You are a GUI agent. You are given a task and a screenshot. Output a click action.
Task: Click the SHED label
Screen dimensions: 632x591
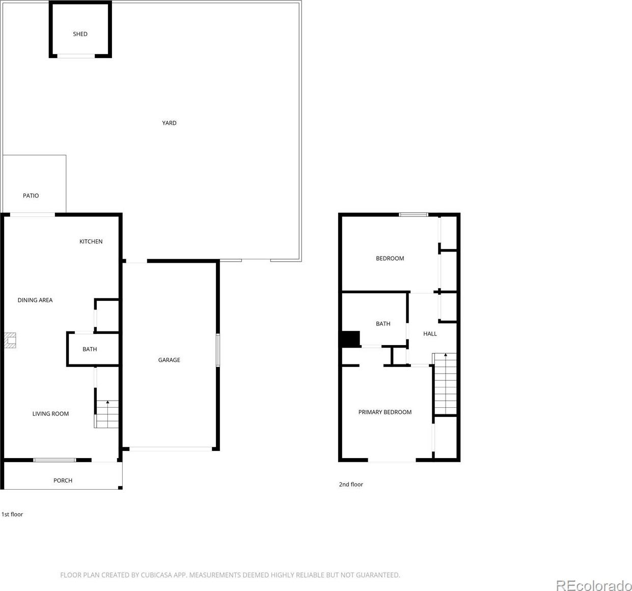[x=80, y=34]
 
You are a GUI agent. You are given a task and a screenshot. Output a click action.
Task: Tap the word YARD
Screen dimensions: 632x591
[x=169, y=123]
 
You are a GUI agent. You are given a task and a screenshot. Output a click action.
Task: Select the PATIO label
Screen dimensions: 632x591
[x=31, y=195]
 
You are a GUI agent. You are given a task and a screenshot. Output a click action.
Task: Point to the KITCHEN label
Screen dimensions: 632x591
[x=91, y=241]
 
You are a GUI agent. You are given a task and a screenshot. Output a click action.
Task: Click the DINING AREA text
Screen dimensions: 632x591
[x=35, y=300]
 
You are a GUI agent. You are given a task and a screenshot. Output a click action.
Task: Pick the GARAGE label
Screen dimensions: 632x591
[x=169, y=360]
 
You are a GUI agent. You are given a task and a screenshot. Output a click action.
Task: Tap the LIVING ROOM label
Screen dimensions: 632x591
[x=50, y=413]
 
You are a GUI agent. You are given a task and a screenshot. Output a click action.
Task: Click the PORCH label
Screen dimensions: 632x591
[x=63, y=481]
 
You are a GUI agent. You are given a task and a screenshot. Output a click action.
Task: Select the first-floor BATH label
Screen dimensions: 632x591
[x=90, y=349]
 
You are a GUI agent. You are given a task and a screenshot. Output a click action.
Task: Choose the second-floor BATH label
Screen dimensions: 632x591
[x=383, y=323]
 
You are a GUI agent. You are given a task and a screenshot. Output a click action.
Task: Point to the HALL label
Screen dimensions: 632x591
[x=430, y=333]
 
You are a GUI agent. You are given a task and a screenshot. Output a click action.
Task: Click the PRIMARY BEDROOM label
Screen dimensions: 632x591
[x=384, y=412]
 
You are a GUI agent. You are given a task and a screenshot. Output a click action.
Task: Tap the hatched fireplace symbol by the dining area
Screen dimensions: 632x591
[x=10, y=341]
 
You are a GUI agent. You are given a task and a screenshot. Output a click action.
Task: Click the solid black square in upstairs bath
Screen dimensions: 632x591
[x=351, y=339]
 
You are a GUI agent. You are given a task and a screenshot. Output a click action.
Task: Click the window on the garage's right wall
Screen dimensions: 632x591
[x=218, y=350]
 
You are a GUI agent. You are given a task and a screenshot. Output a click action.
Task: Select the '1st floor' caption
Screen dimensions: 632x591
[x=12, y=514]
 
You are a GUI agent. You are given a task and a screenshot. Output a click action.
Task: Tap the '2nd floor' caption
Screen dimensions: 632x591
[x=351, y=485]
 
